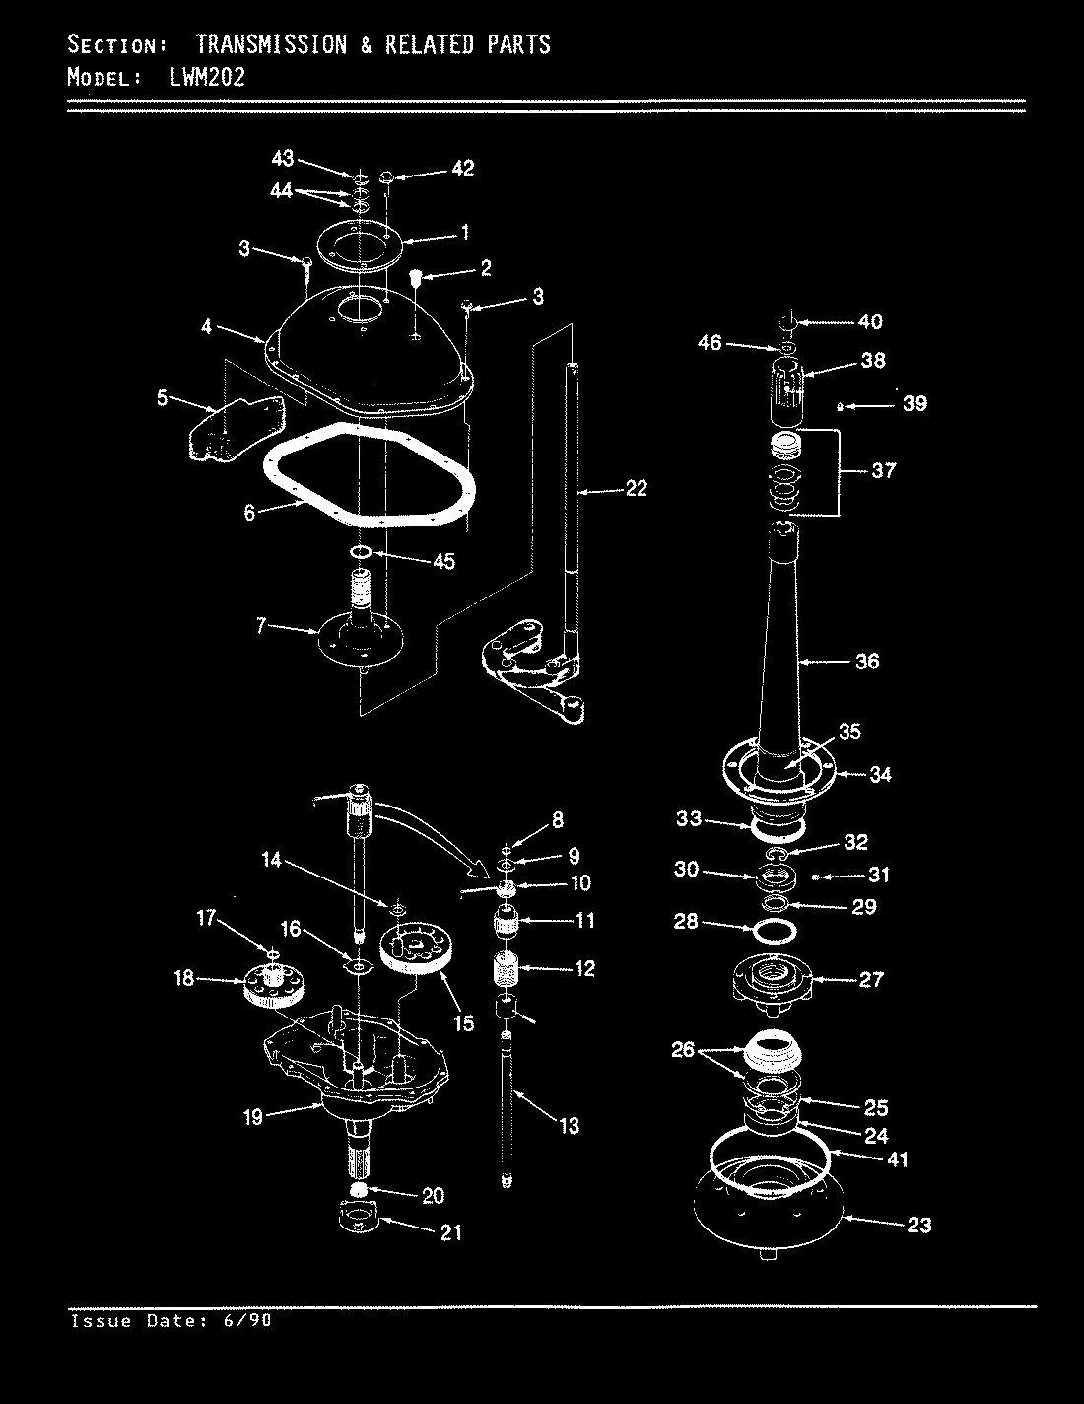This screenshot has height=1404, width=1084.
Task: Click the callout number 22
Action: coord(636,488)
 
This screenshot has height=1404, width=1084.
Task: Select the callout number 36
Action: coord(866,662)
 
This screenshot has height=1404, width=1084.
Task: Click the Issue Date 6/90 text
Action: coord(171,1320)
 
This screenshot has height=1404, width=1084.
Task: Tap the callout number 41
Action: coord(897,1160)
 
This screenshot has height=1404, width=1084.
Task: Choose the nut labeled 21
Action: coord(360,1219)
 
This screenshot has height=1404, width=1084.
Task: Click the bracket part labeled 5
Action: coord(233,430)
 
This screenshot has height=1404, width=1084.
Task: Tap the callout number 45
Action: coord(443,562)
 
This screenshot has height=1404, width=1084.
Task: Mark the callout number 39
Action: coord(915,404)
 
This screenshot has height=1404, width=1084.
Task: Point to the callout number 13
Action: coord(569,1126)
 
